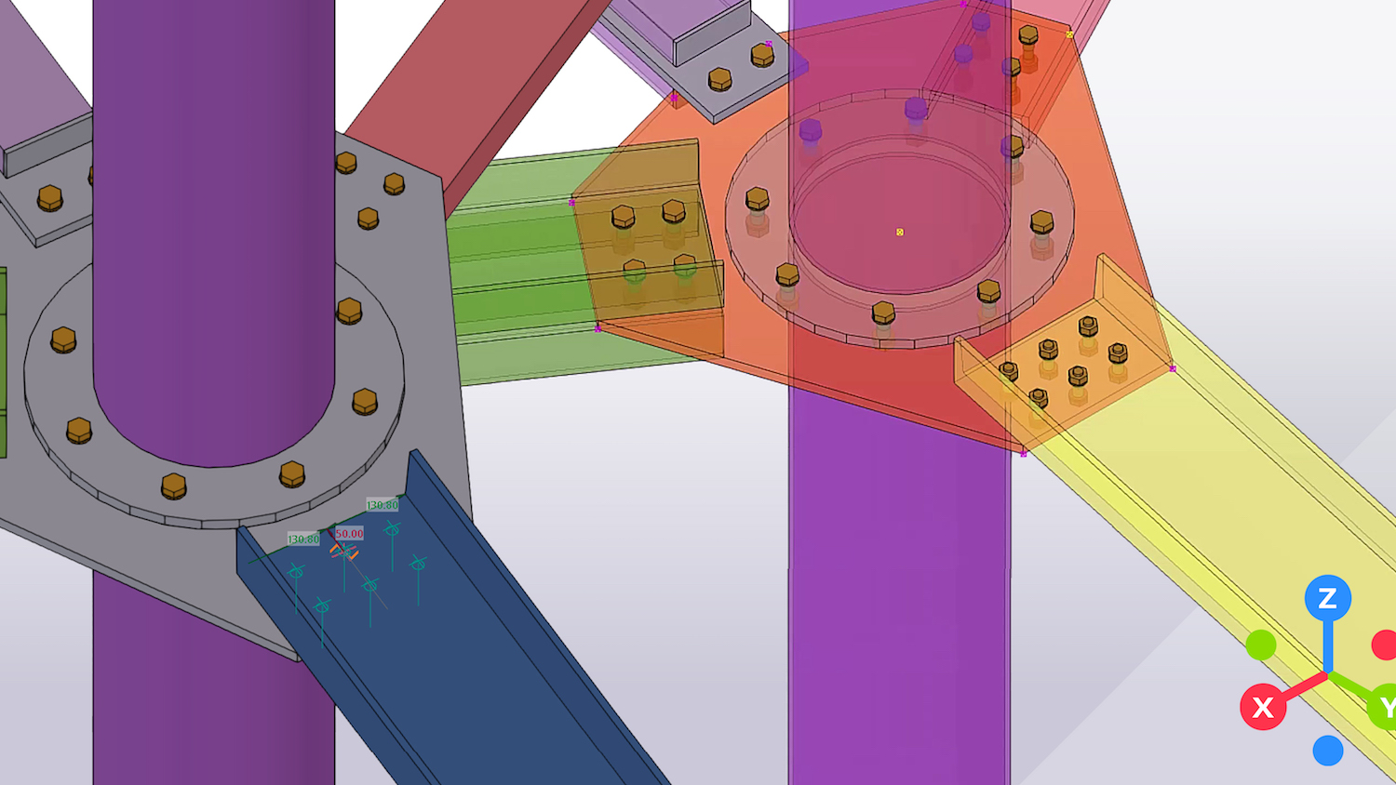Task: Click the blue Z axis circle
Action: (1327, 598)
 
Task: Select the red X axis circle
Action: (1263, 707)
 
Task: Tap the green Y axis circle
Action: (1385, 708)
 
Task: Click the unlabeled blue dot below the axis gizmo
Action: (1328, 750)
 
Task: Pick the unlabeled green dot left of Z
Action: (1261, 645)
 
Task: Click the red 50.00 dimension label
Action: (349, 534)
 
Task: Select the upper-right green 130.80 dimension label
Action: (383, 505)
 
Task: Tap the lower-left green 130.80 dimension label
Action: (303, 539)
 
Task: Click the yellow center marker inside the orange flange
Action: (900, 233)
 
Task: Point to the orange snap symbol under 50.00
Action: (343, 552)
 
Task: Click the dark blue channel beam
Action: (484, 651)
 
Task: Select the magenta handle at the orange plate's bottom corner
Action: (1024, 454)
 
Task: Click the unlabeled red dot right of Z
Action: (1385, 645)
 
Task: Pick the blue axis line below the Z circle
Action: (1328, 646)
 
